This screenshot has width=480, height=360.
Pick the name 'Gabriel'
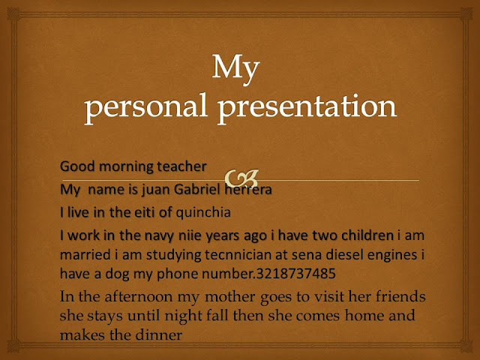(x=202, y=190)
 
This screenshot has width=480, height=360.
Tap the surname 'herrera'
(x=250, y=190)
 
